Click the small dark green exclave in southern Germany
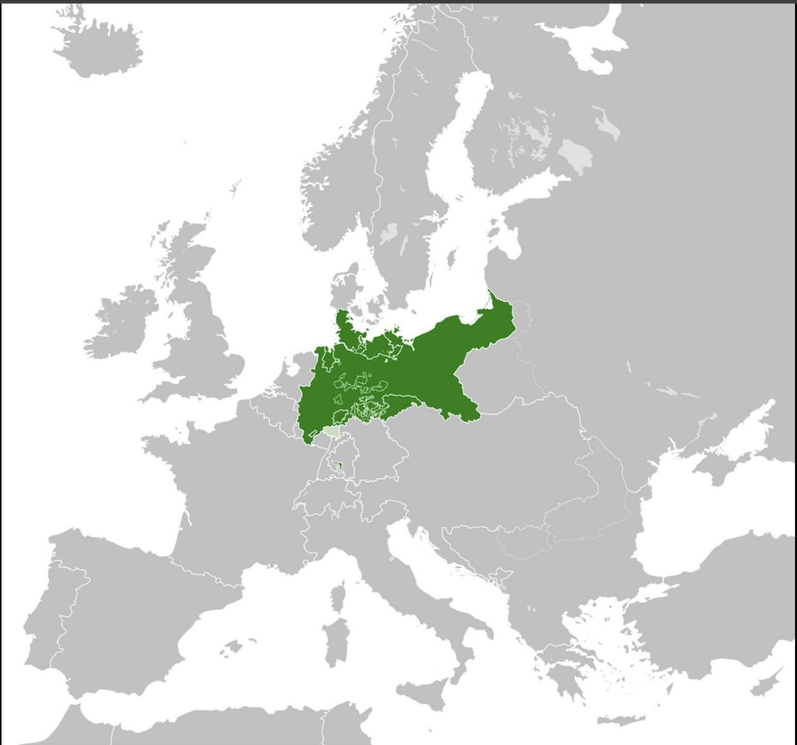point(338,467)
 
